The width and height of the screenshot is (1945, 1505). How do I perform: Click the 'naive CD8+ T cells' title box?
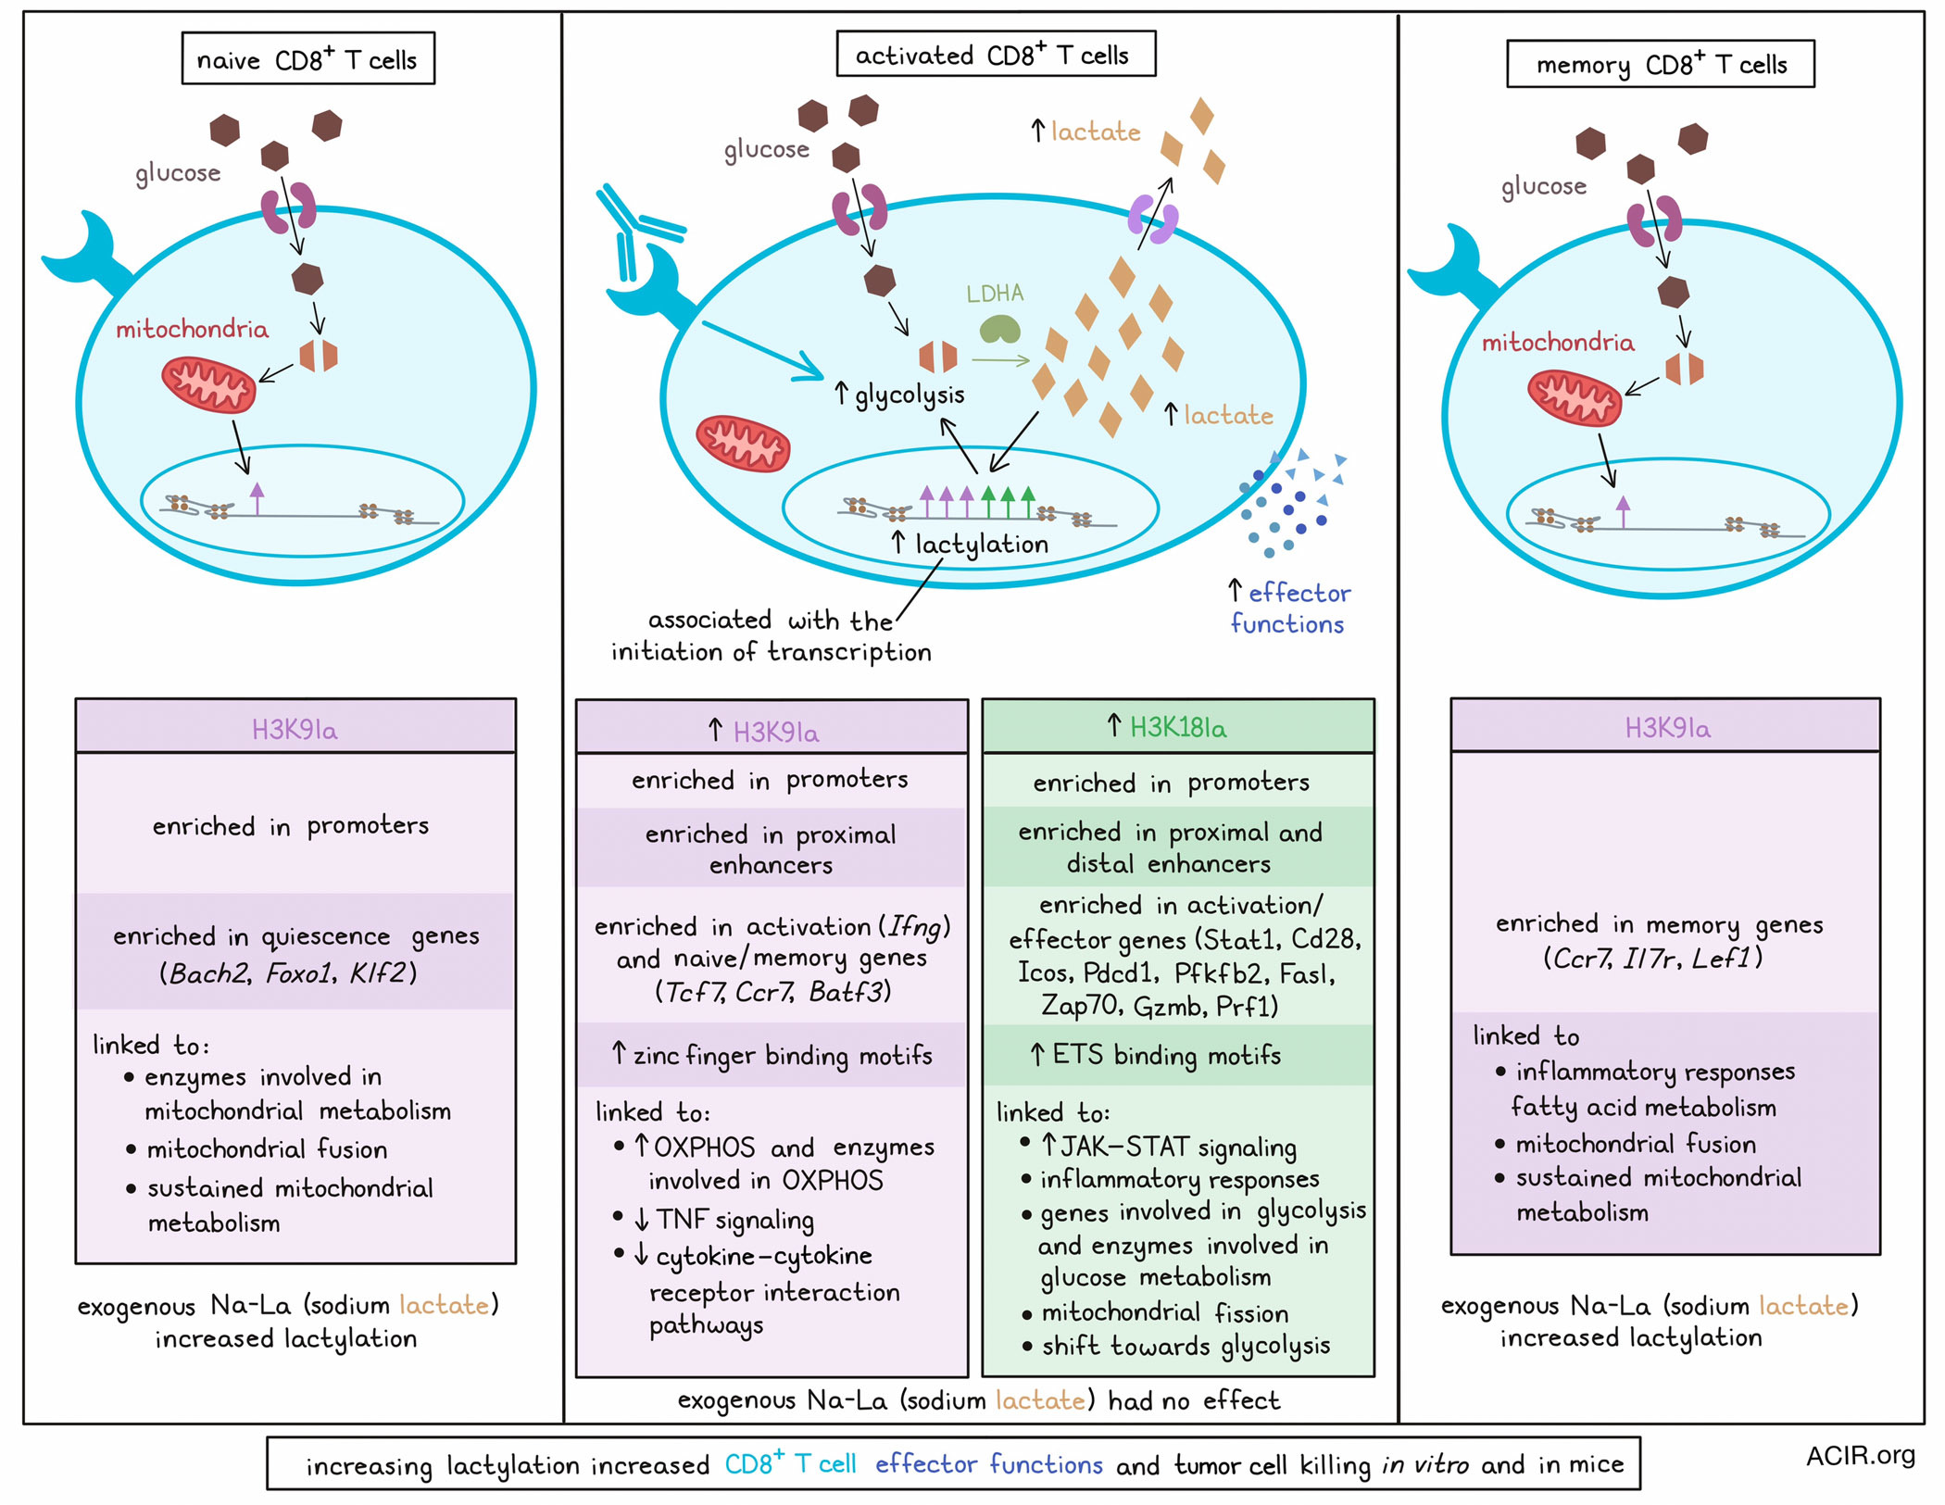(x=307, y=58)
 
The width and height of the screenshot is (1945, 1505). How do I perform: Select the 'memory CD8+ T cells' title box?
(x=1660, y=63)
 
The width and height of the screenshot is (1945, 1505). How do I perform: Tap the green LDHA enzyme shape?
(x=1000, y=329)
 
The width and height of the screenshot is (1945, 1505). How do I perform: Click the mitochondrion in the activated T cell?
(x=743, y=444)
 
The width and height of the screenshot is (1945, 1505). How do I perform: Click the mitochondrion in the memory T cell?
(x=1575, y=397)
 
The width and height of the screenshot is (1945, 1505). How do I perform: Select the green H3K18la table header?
(x=1178, y=726)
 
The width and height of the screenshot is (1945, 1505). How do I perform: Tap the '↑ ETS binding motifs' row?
(x=1178, y=1054)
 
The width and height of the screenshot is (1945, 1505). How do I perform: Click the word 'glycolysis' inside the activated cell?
(x=910, y=395)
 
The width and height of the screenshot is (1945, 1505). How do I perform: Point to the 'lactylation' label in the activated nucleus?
(x=982, y=544)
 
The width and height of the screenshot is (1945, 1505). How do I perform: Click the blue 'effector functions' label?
(x=1289, y=608)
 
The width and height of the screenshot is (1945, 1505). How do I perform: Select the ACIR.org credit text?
(x=1860, y=1455)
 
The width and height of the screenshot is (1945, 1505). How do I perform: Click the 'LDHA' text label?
(x=995, y=294)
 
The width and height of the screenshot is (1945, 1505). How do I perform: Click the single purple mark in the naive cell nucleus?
(x=257, y=498)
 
